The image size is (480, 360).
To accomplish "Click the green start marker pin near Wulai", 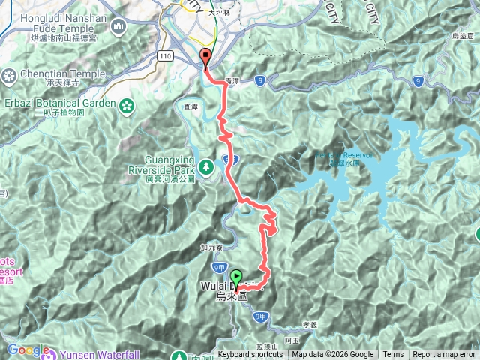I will click(237, 277).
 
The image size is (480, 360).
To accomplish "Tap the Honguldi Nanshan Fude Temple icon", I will click(118, 28).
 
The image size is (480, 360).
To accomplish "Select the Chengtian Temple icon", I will click(10, 75).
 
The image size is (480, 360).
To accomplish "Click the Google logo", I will click(27, 350).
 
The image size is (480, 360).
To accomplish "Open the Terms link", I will click(393, 355).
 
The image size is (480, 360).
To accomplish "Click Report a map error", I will click(444, 355).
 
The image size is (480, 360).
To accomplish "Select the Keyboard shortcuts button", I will click(251, 355).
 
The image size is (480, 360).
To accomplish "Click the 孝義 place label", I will click(311, 324).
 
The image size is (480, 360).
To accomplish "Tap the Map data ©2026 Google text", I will click(333, 355).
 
